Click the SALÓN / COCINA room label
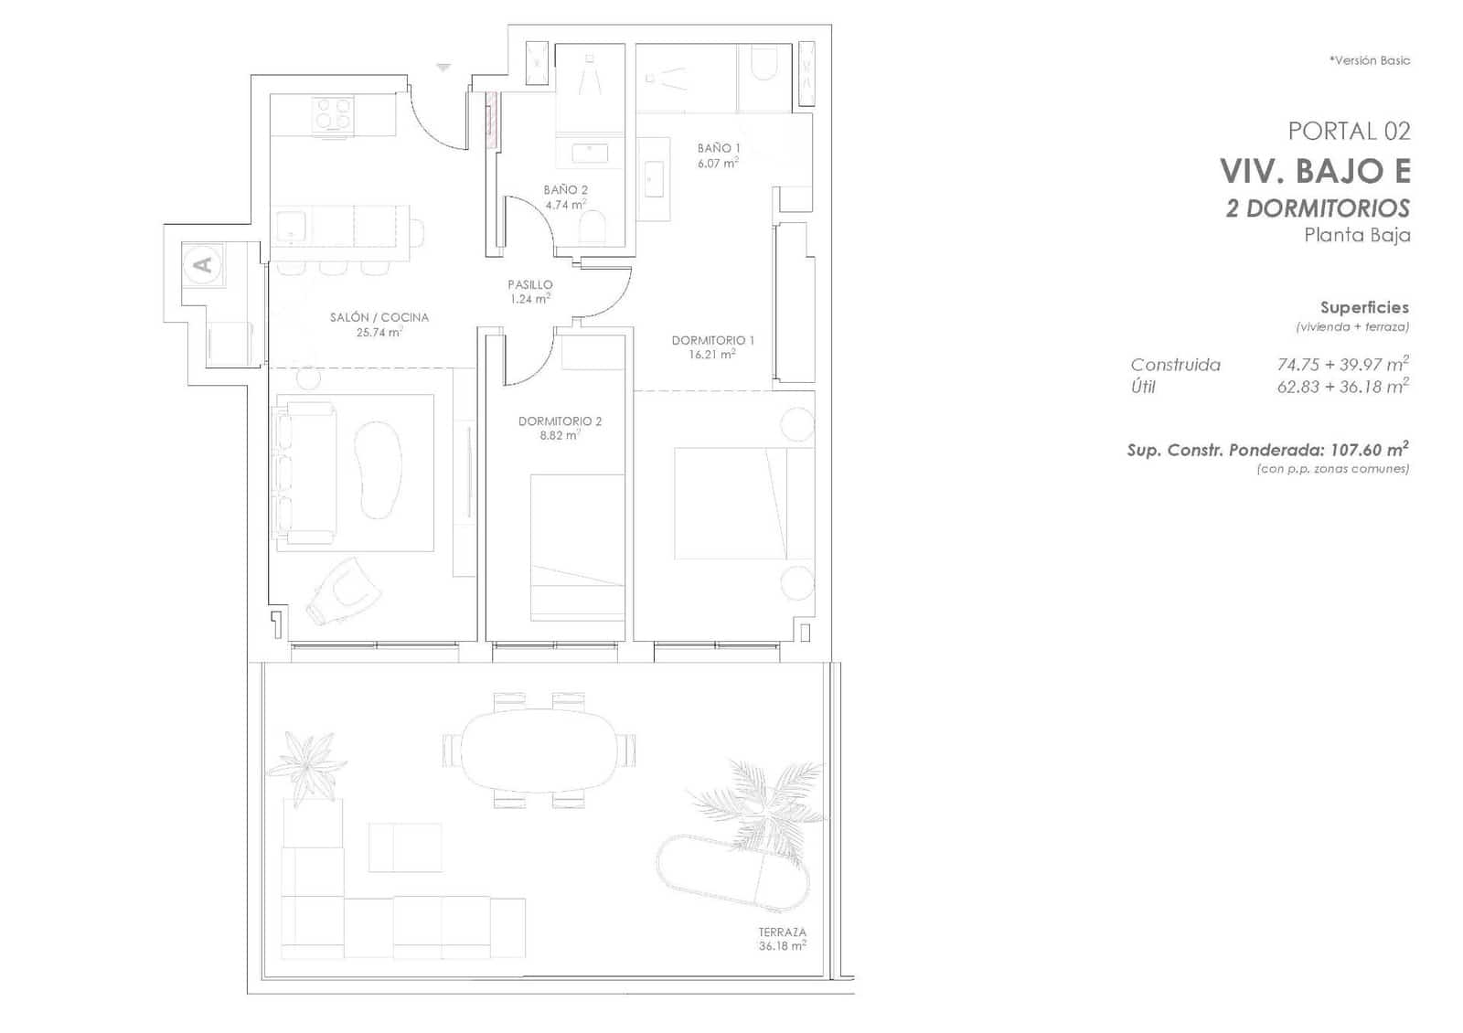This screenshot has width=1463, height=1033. pos(379,317)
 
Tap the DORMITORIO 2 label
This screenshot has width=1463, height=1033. pos(560,421)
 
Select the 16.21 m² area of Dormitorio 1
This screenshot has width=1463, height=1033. pos(712,355)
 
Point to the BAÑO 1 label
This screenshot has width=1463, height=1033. pos(719,147)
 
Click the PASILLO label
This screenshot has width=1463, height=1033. pos(530,284)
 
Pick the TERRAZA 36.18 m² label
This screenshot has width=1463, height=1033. pos(782,939)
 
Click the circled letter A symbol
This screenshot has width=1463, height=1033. pos(203,264)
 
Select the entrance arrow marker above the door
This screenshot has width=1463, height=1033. pos(443,67)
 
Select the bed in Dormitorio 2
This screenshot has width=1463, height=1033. pos(577,546)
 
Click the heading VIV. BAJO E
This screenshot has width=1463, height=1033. pos(1315,171)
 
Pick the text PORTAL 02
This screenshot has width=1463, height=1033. pos(1349,131)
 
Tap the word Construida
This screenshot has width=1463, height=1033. pos(1175,365)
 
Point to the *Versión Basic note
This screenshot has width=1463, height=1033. pos(1369,60)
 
